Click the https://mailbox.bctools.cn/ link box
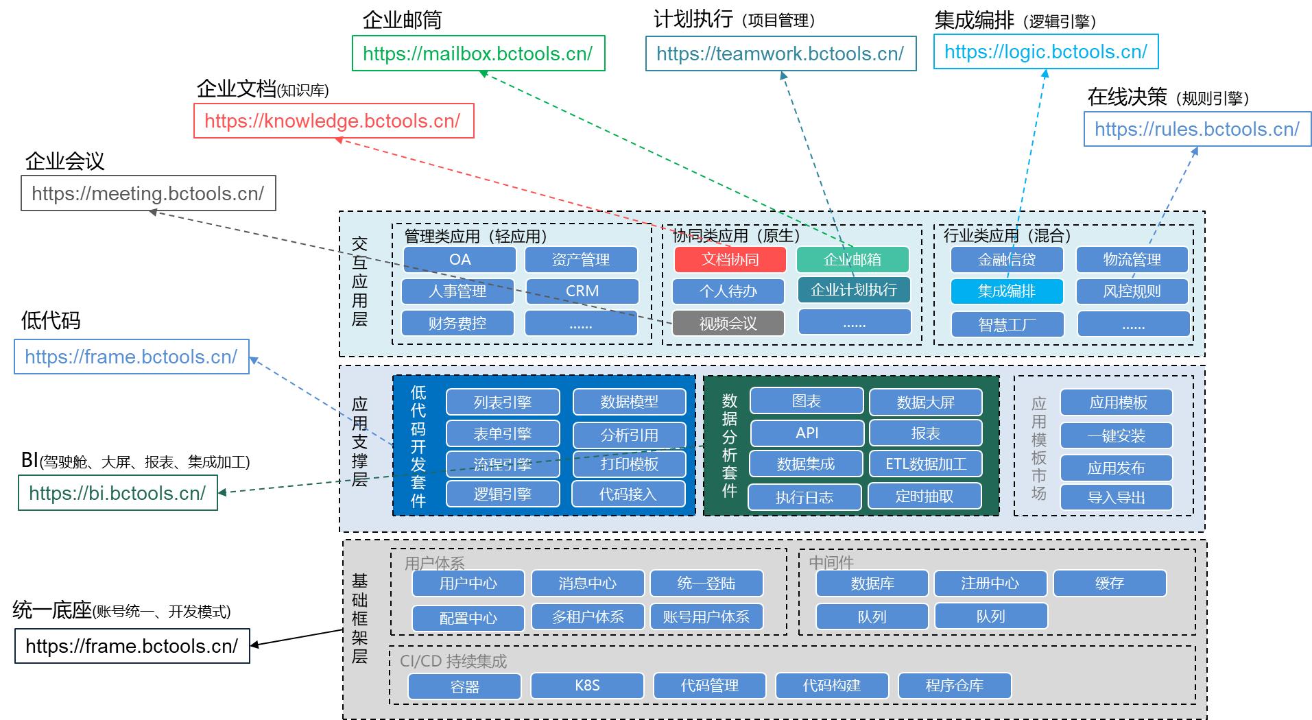pos(478,53)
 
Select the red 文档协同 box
pos(730,259)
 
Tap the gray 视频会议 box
pos(728,323)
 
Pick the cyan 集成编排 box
pos(1006,291)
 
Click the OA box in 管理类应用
pos(460,259)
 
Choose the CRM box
pos(582,291)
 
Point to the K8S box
pos(587,685)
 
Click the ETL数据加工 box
pos(925,464)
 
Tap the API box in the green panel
pos(807,433)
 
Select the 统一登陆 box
pos(706,583)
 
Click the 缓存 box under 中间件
pos(1109,583)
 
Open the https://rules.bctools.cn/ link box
pos(1197,129)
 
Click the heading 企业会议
pos(64,161)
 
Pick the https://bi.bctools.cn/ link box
pos(117,493)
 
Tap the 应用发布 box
pos(1116,468)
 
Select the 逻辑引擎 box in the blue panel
pos(502,494)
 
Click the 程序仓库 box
pos(954,685)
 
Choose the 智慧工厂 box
pos(1006,324)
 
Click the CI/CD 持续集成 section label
pos(453,661)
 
